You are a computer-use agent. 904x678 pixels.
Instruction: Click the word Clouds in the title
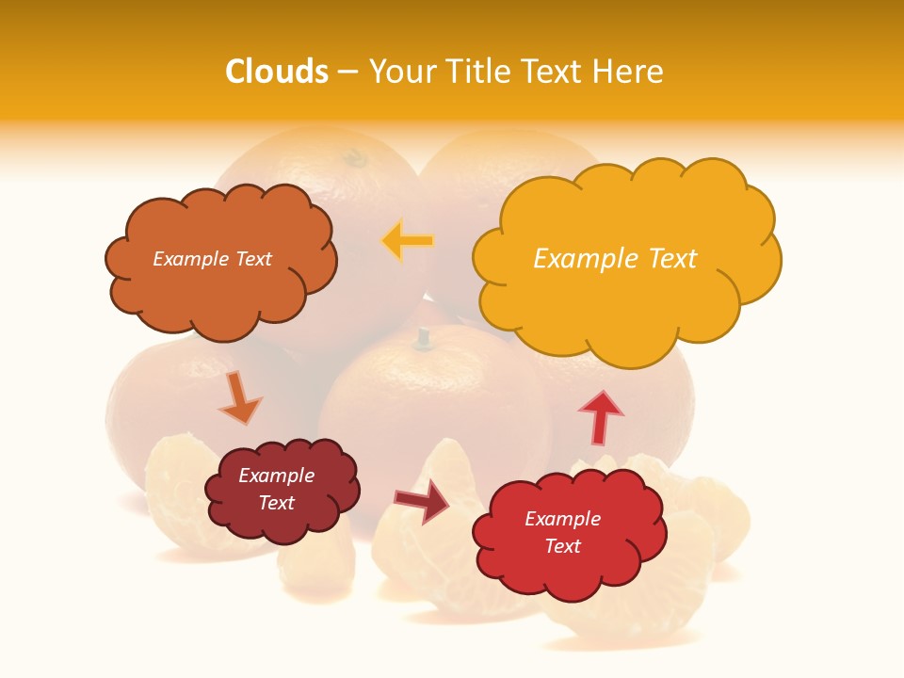pos(277,72)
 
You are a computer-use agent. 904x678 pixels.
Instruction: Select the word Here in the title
pos(629,72)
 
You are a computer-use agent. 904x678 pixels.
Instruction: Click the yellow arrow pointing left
pos(407,241)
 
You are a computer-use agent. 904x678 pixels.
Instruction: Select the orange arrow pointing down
pos(239,398)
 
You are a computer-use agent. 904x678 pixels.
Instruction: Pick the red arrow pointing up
pos(600,417)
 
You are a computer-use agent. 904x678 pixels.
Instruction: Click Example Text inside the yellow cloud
pos(615,258)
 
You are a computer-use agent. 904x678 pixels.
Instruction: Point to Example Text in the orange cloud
pos(212,259)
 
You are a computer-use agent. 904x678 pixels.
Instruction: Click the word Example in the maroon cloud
pos(276,476)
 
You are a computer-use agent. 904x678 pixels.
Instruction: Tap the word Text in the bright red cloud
pos(562,546)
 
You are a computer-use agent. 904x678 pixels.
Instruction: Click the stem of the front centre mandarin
pos(424,335)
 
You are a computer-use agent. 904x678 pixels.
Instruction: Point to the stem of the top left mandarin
pos(355,157)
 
